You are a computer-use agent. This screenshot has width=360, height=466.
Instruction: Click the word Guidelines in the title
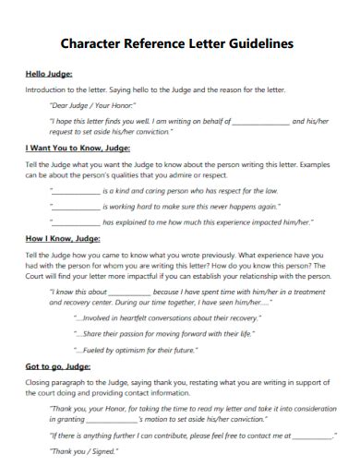260,43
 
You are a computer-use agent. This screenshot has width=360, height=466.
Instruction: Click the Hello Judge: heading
49,74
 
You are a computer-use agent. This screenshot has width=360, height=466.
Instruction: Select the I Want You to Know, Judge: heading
78,148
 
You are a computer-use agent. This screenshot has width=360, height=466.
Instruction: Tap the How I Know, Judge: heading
61,237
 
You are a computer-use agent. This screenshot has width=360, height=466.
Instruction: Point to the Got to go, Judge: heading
57,365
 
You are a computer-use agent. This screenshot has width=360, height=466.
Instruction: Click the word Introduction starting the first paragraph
47,90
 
